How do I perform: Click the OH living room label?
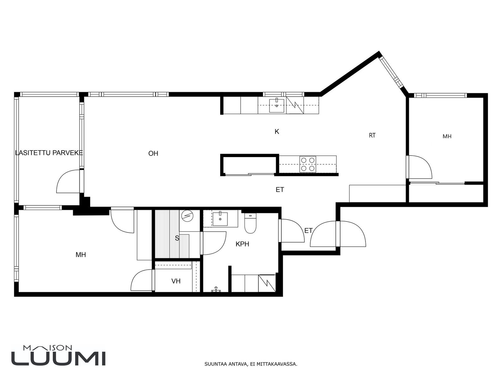153,153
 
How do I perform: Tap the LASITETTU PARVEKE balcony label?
49,153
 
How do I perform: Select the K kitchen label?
277,132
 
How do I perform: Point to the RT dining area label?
372,135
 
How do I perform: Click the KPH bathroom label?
242,244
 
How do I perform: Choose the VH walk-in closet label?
176,281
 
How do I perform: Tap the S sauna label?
177,238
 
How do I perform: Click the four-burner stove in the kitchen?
307,164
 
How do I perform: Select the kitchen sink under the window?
277,106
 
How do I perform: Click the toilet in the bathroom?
250,223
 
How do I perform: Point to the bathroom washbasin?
220,219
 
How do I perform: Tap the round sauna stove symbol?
187,216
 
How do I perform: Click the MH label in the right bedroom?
447,136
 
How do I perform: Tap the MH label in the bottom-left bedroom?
81,255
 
